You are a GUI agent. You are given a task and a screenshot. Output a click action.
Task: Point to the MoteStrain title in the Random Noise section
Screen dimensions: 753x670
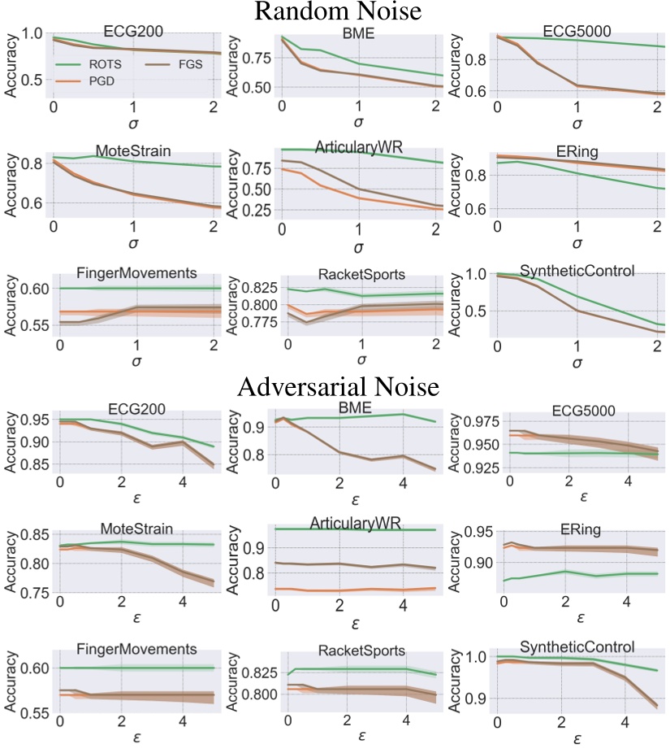pos(133,152)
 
